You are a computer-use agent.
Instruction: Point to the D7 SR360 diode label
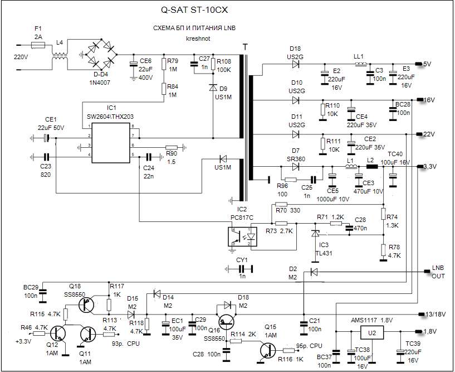tap(296, 154)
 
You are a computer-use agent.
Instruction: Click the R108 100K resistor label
tap(224, 65)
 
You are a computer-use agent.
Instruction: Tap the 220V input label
tap(21, 57)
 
